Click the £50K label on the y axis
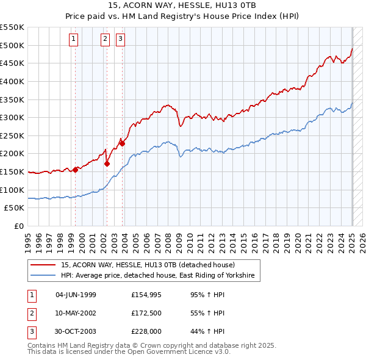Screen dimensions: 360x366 pos(15,208)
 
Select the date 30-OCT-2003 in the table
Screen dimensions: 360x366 pos(76,331)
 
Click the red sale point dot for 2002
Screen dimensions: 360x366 pos(107,164)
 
